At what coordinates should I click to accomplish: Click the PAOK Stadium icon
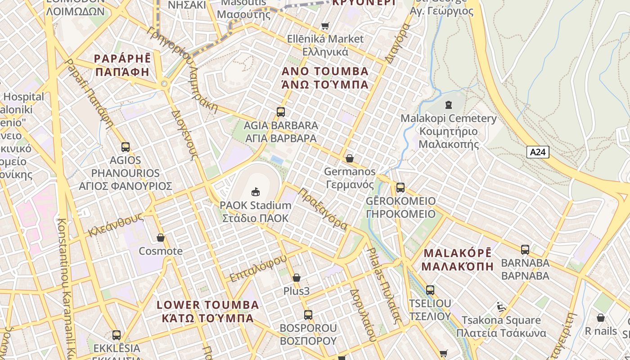[256, 192]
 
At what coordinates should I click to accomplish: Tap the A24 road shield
[538, 152]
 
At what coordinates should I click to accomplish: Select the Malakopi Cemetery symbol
[448, 105]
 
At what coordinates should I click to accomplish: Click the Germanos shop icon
[350, 158]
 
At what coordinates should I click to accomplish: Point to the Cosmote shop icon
[161, 238]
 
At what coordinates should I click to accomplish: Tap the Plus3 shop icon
[296, 278]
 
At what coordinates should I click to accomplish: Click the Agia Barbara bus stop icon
[281, 112]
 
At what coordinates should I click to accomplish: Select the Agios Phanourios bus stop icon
[126, 147]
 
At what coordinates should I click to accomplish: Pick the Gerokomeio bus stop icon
[400, 188]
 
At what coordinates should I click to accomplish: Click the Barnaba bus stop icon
[525, 249]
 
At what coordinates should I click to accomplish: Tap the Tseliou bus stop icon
[430, 290]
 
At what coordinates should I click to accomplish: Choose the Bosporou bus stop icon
[308, 315]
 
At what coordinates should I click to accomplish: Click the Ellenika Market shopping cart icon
[325, 26]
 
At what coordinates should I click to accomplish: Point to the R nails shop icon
[600, 318]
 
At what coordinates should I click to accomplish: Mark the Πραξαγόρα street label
[323, 209]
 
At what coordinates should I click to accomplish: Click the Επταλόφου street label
[258, 268]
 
